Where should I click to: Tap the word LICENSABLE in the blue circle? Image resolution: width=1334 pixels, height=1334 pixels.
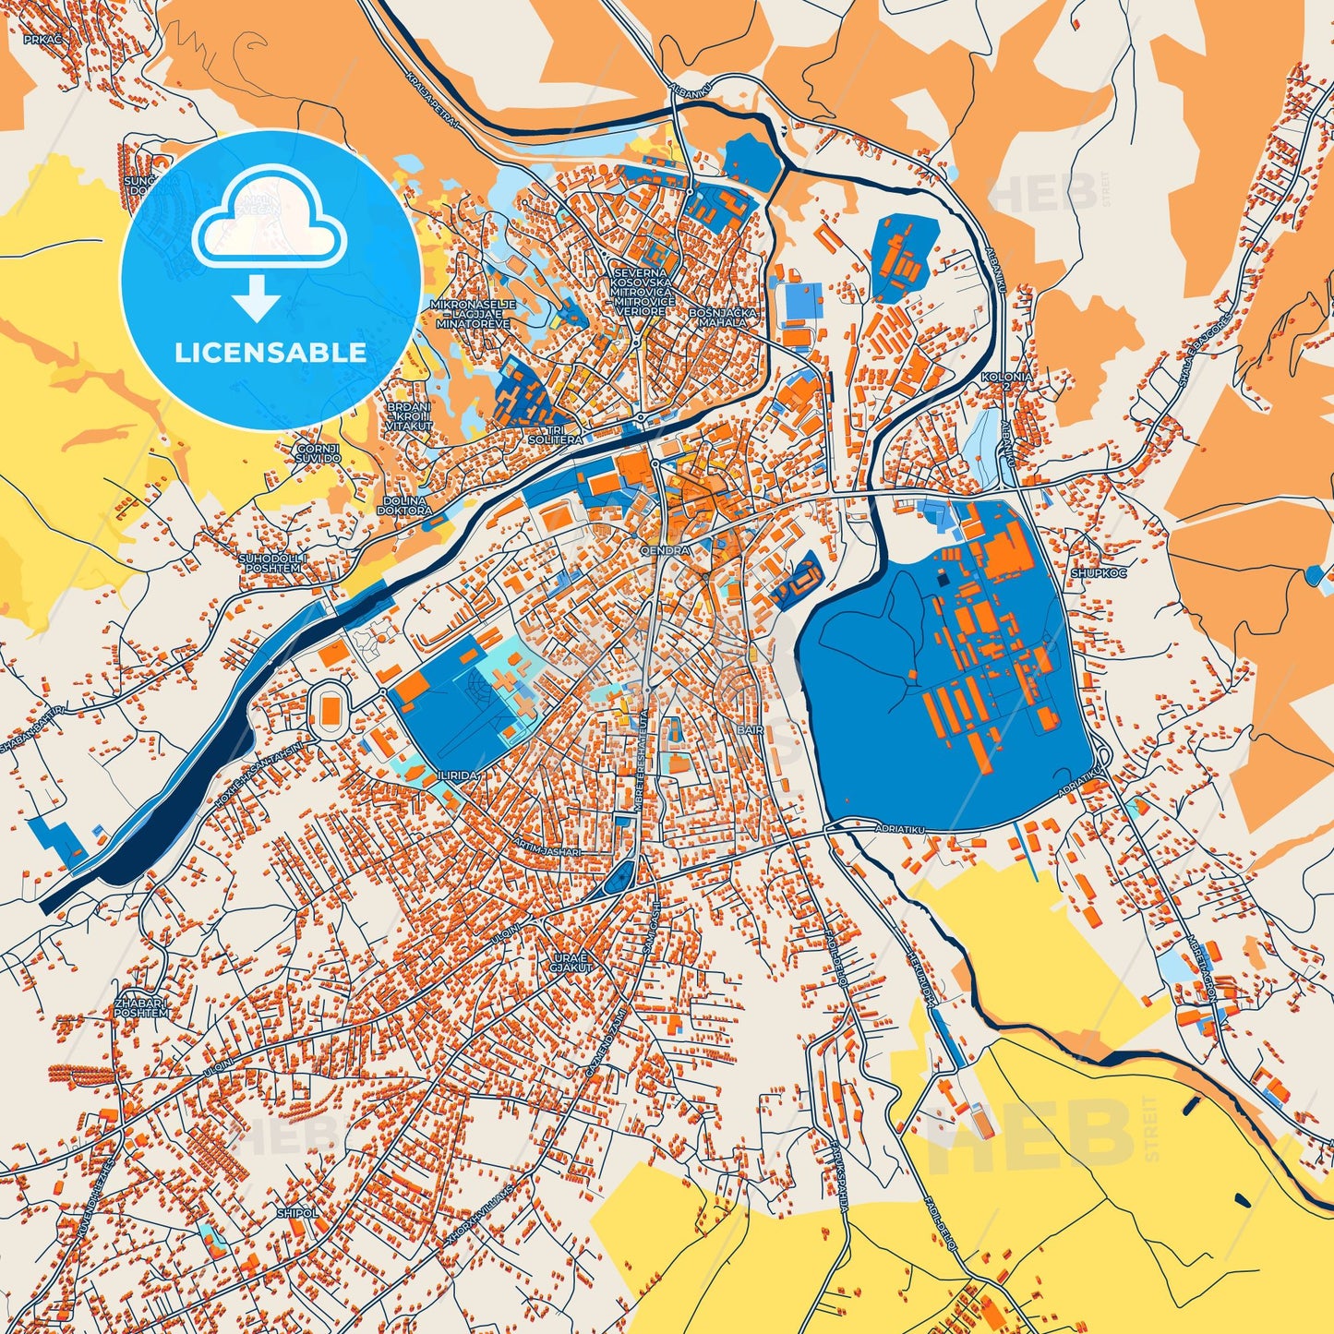click(x=270, y=353)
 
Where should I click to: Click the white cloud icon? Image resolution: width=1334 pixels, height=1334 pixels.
click(x=269, y=220)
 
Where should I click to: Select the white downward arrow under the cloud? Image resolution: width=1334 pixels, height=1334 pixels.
click(x=258, y=299)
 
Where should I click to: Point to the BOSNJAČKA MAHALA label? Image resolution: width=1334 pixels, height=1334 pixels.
click(x=722, y=318)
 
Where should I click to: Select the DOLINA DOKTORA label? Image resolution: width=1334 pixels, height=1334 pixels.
click(x=406, y=505)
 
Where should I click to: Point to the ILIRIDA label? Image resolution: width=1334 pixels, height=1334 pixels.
click(x=459, y=776)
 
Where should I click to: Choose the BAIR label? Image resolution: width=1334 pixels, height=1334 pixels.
click(x=751, y=729)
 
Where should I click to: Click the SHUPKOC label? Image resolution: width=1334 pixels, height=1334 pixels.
click(x=1093, y=572)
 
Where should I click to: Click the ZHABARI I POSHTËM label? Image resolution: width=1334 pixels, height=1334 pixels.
click(x=141, y=1007)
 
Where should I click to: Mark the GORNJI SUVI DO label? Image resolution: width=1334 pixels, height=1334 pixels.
click(x=318, y=453)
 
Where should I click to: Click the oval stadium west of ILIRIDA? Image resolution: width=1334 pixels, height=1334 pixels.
click(x=330, y=710)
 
